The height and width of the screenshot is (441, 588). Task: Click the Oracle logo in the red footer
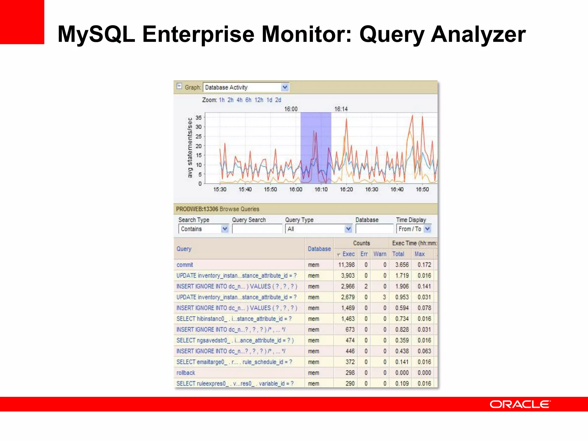click(520, 404)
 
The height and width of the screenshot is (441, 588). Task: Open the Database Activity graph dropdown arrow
click(285, 87)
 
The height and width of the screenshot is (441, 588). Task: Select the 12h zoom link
click(259, 100)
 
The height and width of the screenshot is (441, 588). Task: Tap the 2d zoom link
click(278, 100)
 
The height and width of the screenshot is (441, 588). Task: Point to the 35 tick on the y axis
click(199, 117)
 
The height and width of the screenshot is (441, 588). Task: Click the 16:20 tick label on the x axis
click(346, 189)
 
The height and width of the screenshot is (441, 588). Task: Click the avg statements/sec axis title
click(190, 148)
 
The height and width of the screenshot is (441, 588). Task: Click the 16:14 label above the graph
click(341, 109)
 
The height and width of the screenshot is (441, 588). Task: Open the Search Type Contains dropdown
click(225, 229)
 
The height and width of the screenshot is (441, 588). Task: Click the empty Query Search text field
click(257, 229)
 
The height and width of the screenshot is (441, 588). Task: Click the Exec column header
click(348, 254)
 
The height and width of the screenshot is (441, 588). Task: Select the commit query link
click(185, 265)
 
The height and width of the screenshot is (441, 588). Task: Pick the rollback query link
click(185, 373)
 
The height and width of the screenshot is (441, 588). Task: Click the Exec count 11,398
click(346, 265)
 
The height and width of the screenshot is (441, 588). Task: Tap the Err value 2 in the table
click(366, 286)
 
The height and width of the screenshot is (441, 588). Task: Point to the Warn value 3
click(384, 297)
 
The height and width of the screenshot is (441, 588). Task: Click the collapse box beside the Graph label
click(179, 86)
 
